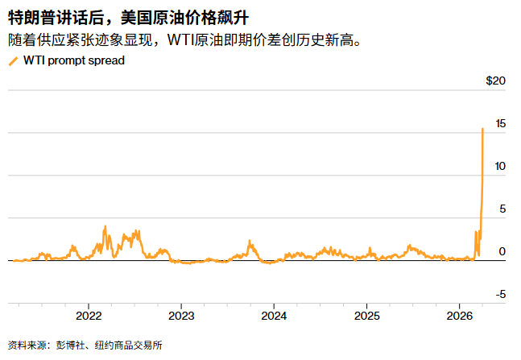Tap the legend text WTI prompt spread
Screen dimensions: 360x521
[x=74, y=60]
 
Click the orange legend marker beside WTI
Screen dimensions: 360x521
[x=13, y=60]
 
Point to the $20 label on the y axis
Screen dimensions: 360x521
[x=495, y=81]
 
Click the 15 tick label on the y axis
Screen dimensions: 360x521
[x=501, y=124]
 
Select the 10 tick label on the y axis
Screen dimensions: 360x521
[x=501, y=167]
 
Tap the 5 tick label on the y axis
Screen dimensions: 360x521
[x=502, y=209]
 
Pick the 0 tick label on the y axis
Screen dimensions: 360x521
[x=502, y=252]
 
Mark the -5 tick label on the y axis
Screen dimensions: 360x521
[x=500, y=295]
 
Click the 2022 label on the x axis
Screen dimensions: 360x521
[x=89, y=315]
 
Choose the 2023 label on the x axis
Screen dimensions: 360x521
[x=181, y=315]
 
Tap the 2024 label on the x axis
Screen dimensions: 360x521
[x=274, y=315]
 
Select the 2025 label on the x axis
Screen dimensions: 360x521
[x=366, y=315]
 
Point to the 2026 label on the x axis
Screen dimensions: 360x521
[x=459, y=315]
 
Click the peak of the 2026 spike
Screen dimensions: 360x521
[x=482, y=129]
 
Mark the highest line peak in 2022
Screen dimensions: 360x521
[x=105, y=227]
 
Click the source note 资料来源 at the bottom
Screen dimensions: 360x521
[x=27, y=346]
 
